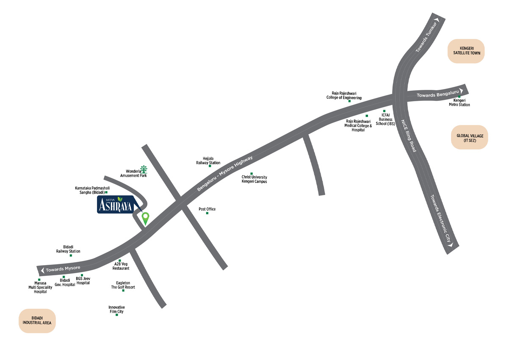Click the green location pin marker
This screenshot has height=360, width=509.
145,218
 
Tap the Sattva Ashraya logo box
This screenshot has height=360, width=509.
115,205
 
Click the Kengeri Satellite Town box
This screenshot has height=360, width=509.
466,51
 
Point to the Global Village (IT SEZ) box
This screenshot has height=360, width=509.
470,138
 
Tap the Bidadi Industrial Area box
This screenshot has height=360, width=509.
37,321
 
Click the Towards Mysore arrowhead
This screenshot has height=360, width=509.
41,270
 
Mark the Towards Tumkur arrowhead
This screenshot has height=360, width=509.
437,19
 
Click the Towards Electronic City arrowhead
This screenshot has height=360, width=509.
450,244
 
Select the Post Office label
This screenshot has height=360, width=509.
207,209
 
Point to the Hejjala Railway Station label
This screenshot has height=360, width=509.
208,161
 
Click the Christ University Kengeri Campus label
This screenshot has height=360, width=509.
254,179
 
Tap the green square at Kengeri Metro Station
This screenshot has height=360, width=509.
459,97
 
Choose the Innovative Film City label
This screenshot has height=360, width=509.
116,309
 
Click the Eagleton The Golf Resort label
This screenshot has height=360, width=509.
123,285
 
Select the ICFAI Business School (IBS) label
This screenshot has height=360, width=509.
385,119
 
